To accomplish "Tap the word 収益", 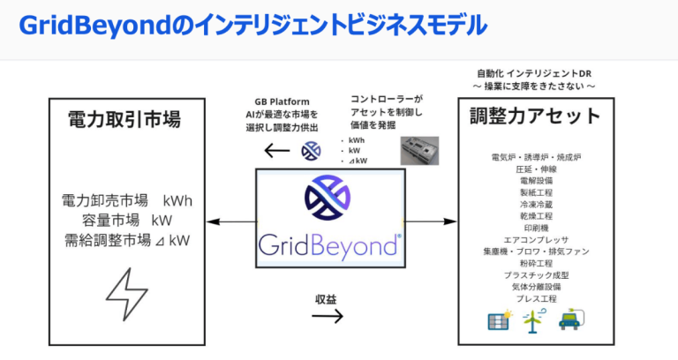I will [x=326, y=298].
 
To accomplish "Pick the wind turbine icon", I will [x=533, y=321].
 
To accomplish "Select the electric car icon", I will [x=569, y=320].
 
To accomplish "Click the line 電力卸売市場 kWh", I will [x=126, y=200].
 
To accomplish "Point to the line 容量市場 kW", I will [x=126, y=220].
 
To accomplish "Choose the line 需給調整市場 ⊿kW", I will [x=126, y=239].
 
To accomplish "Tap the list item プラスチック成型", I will [x=536, y=275].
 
